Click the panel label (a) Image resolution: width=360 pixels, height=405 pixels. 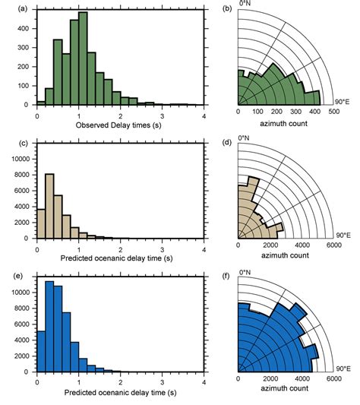[10, 9]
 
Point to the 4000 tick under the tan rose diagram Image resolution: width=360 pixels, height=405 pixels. [302, 245]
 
